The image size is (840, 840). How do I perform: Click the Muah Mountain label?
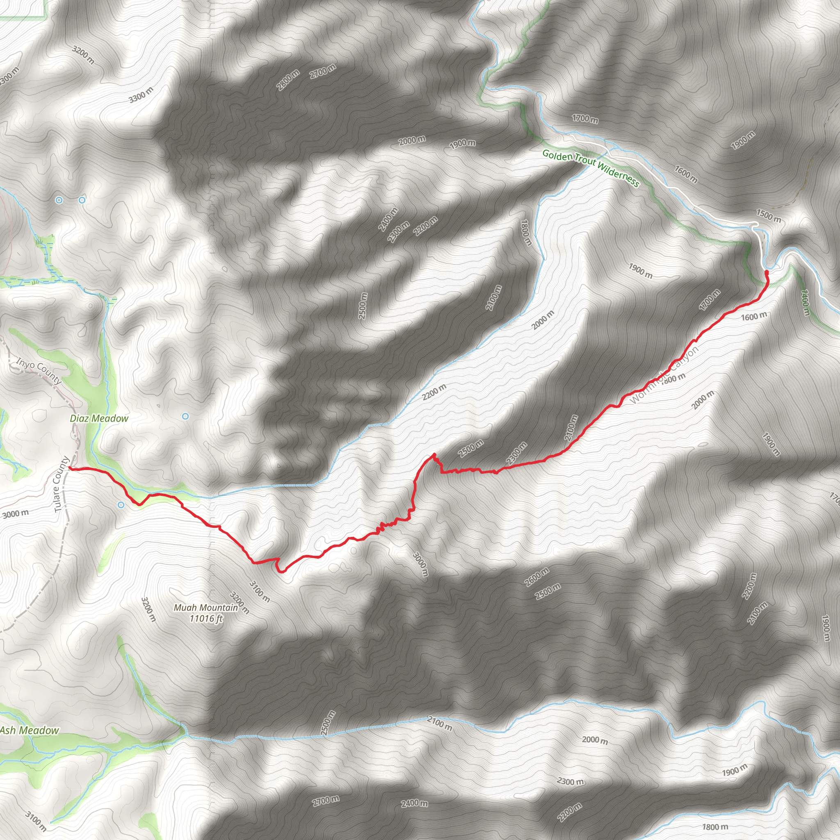click(x=205, y=607)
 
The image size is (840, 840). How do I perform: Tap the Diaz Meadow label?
click(x=99, y=418)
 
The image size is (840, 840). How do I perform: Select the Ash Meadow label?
click(x=30, y=730)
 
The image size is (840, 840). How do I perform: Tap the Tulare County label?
click(x=61, y=484)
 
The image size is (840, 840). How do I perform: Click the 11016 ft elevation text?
click(x=206, y=618)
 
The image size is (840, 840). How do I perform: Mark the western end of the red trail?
click(x=70, y=468)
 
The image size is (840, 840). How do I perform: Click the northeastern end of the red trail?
click(x=767, y=272)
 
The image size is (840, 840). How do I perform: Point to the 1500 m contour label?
click(x=768, y=215)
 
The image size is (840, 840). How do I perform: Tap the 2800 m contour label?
click(x=288, y=80)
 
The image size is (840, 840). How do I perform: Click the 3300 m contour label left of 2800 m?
click(x=141, y=95)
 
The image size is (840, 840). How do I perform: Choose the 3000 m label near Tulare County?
click(x=15, y=514)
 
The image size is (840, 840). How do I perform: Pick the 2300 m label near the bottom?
click(x=571, y=781)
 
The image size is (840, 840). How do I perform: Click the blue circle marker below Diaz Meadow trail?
click(x=121, y=505)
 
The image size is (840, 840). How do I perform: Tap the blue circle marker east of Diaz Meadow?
click(x=185, y=416)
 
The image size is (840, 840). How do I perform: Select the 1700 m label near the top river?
click(x=585, y=118)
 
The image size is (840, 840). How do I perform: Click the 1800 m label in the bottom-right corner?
click(x=715, y=826)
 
